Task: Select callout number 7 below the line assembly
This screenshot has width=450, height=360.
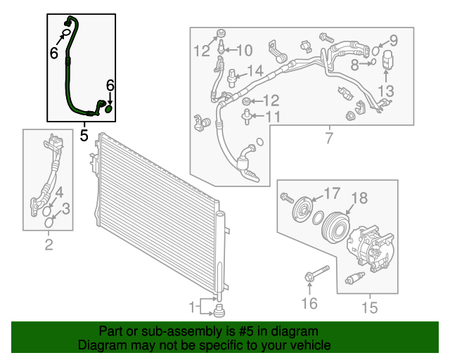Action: (328, 138)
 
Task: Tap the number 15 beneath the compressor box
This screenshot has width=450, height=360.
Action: (369, 307)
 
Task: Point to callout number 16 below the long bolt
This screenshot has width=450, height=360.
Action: (309, 303)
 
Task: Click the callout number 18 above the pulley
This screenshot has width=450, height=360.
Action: (359, 199)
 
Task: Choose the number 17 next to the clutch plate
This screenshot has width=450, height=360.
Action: (330, 192)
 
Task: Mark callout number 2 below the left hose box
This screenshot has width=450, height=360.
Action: (49, 245)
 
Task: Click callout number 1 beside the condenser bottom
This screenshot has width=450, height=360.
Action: (192, 307)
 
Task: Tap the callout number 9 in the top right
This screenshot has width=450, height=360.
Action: (393, 40)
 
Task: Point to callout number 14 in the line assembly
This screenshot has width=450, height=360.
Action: (255, 70)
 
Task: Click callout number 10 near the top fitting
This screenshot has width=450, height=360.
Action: (244, 50)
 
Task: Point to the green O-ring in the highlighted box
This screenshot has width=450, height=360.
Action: (109, 108)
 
